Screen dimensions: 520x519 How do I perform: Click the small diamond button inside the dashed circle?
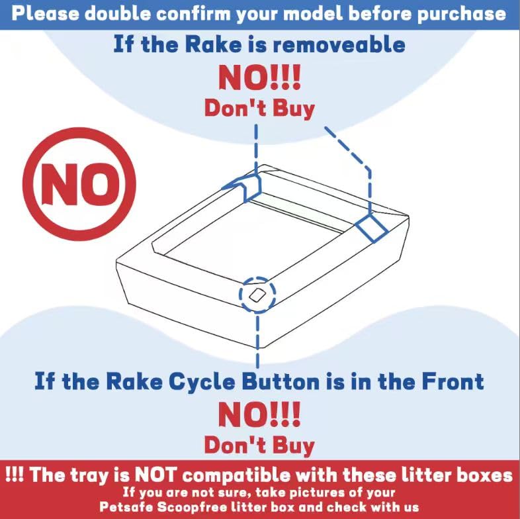pyautogui.click(x=257, y=295)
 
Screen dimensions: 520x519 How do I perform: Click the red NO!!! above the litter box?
pyautogui.click(x=259, y=77)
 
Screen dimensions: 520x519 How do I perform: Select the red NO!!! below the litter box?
pyautogui.click(x=259, y=414)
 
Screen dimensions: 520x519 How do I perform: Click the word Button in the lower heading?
pyautogui.click(x=281, y=381)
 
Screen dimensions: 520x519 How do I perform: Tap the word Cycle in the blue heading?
pyautogui.click(x=202, y=382)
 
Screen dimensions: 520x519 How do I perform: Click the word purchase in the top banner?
pyautogui.click(x=461, y=14)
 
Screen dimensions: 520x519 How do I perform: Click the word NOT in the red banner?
pyautogui.click(x=154, y=475)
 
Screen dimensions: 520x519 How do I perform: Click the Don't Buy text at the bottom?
pyautogui.click(x=259, y=445)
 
